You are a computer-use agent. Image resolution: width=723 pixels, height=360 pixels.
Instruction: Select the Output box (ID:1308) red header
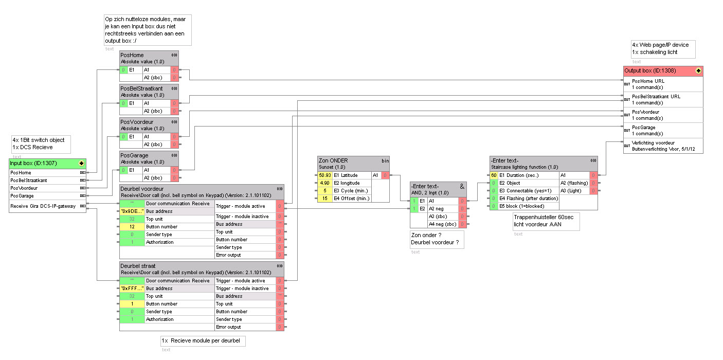click(x=658, y=70)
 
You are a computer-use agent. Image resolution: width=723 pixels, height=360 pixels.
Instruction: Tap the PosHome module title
click(x=132, y=55)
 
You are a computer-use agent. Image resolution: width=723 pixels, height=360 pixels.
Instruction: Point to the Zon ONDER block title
click(x=333, y=160)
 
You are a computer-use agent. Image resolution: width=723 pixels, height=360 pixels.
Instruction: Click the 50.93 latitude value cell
click(x=324, y=175)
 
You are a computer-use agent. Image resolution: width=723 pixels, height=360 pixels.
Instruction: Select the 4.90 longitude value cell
click(x=324, y=183)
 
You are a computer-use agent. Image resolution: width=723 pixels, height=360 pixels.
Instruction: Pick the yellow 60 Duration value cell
click(x=494, y=175)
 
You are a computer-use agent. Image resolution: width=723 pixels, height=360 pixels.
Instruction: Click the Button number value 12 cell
click(x=132, y=227)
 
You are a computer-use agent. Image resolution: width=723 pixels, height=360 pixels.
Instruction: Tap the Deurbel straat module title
click(x=138, y=266)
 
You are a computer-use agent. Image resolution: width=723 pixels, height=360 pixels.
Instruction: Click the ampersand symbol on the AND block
click(x=462, y=186)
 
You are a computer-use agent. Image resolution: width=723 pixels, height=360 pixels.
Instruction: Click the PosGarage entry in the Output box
click(x=644, y=128)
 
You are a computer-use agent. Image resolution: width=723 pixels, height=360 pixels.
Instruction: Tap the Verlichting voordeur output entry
click(x=653, y=143)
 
